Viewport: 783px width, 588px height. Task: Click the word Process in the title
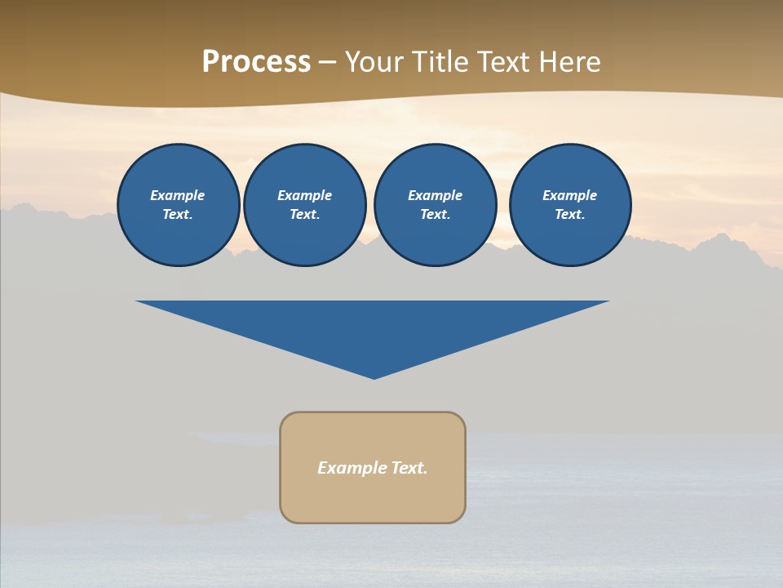[x=256, y=62]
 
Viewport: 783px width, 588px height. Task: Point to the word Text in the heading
[x=503, y=62]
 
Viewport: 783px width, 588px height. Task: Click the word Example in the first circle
[x=178, y=195]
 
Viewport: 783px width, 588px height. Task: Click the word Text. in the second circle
[x=304, y=215]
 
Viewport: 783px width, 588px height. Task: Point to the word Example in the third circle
[x=435, y=195]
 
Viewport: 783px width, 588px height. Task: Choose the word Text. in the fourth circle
[x=570, y=215]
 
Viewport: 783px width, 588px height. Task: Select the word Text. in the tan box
[x=409, y=468]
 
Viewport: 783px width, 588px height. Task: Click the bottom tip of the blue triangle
[x=374, y=376]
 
